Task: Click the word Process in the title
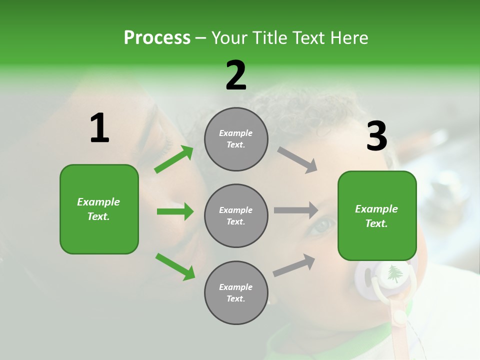coord(157,38)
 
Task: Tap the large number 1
coord(99,128)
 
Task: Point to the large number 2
coord(236,75)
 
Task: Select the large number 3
coord(376,136)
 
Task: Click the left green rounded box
coord(99,209)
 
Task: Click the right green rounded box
coord(377,216)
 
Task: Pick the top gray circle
coord(236,139)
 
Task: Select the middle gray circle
coord(236,216)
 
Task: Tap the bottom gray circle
coord(236,293)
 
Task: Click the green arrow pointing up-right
coord(174,159)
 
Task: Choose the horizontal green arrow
coord(175,211)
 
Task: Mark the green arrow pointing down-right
coord(175,266)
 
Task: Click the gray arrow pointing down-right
coord(297,159)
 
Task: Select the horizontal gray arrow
coord(296,210)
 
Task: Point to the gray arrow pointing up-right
coord(294,265)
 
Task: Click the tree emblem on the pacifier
coord(395,273)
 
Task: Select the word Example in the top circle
coord(236,133)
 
